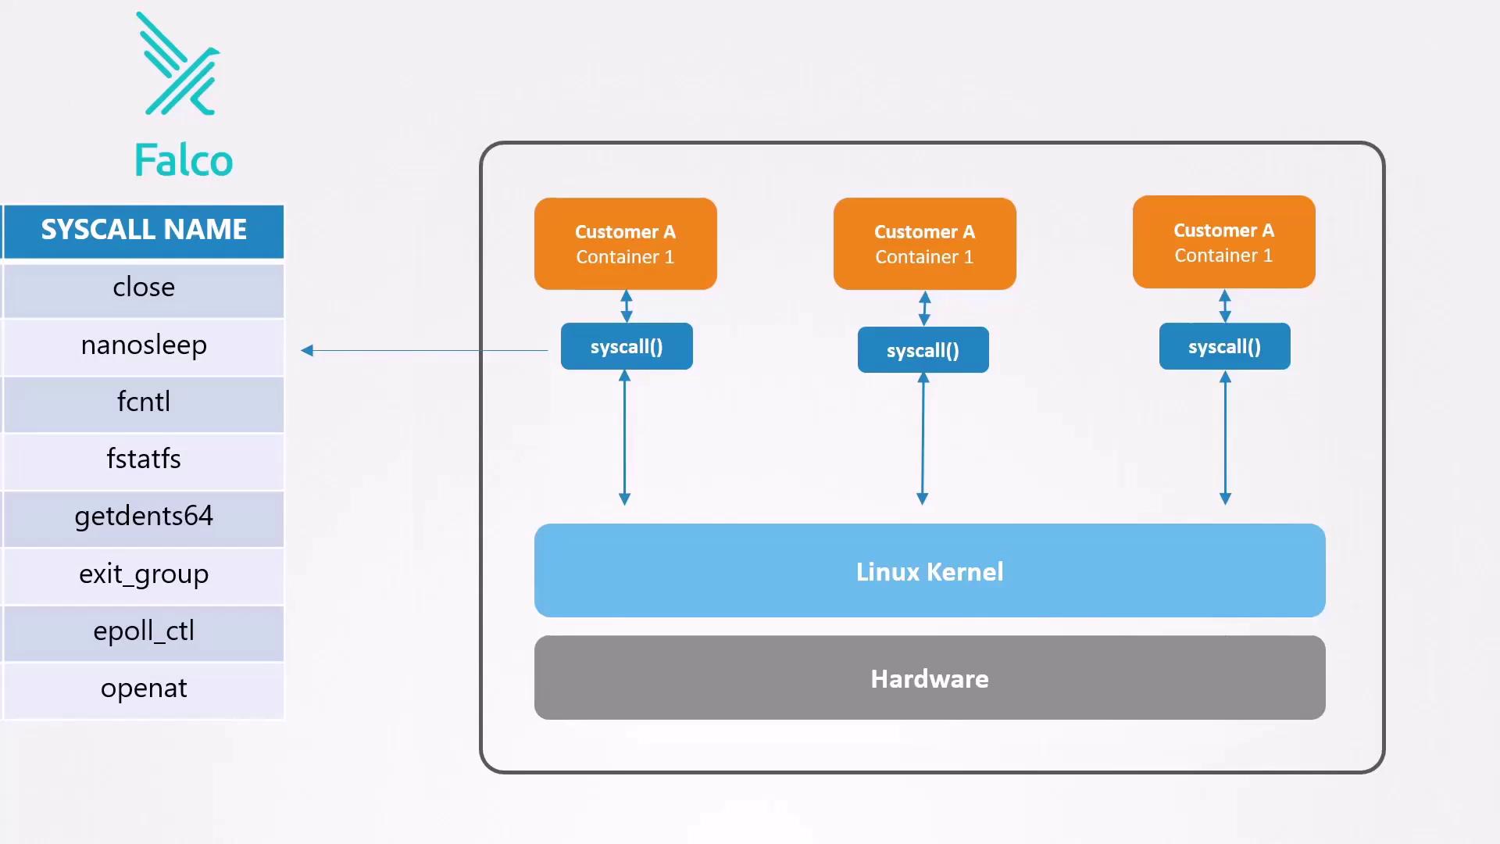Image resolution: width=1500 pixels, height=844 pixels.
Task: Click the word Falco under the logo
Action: (184, 160)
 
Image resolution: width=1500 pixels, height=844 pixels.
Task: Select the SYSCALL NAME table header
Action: (144, 231)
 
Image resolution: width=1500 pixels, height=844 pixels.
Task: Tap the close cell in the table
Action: (144, 288)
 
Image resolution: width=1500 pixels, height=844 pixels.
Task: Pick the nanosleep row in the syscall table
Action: (144, 345)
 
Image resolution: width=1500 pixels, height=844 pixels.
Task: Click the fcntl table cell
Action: (144, 402)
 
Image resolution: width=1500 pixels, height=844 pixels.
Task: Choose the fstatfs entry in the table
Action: (144, 459)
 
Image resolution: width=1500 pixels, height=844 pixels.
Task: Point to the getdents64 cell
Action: (144, 517)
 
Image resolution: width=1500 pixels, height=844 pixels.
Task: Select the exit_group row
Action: (144, 574)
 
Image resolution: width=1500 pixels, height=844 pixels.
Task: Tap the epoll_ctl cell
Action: (144, 631)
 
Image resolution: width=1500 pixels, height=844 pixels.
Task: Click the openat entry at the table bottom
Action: (144, 688)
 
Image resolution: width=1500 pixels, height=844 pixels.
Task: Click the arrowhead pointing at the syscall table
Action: (307, 351)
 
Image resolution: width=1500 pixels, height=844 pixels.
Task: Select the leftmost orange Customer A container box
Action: (625, 244)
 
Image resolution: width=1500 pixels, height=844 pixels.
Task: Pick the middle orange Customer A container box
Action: (924, 244)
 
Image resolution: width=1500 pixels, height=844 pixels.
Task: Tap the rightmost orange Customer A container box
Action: (1223, 242)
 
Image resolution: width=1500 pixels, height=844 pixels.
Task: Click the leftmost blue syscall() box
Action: (627, 347)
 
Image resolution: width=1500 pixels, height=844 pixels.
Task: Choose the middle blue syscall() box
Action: (923, 351)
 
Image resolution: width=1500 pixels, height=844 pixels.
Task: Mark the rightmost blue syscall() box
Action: (1224, 347)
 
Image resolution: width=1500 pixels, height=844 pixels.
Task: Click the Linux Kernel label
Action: (930, 572)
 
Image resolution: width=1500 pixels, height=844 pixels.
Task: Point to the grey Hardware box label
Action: (930, 678)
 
